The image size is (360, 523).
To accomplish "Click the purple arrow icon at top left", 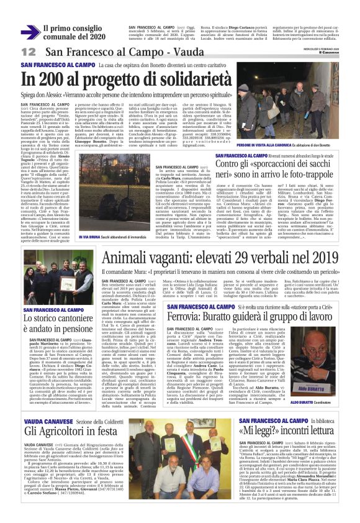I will (28, 32).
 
